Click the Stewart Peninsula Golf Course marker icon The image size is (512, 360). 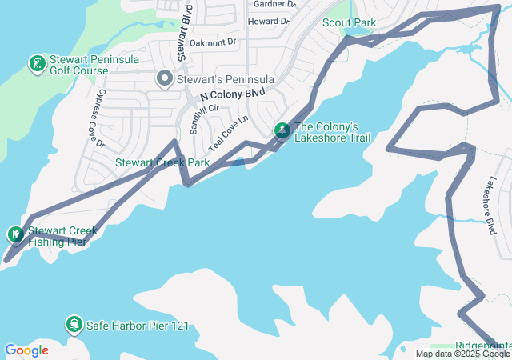click(36, 62)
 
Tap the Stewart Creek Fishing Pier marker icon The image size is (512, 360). click(15, 234)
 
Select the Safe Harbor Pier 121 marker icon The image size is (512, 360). click(74, 324)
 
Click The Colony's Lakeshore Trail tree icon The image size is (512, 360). click(282, 130)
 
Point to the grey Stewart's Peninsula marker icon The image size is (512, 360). click(165, 78)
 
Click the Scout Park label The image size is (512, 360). click(349, 22)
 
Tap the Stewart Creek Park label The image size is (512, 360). click(162, 162)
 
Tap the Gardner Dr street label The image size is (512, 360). click(274, 4)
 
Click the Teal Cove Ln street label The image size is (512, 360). click(230, 135)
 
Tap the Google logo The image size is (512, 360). click(26, 350)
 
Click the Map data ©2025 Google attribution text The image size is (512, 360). click(462, 354)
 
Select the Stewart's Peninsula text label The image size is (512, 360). click(226, 79)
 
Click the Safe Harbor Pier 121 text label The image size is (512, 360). click(138, 325)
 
